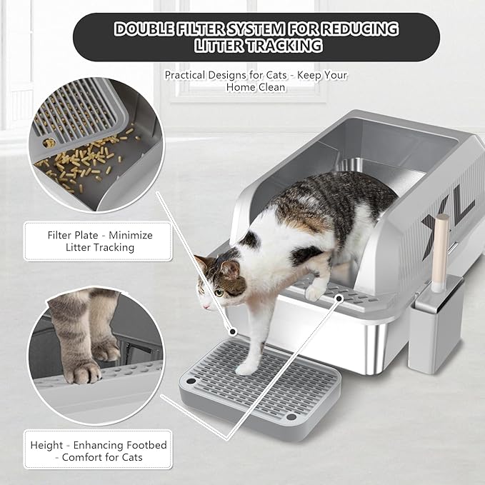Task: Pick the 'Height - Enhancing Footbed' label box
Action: click(x=99, y=451)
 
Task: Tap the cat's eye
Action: click(x=216, y=291)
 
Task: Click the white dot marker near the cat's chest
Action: click(x=231, y=331)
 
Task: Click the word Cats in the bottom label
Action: click(x=126, y=457)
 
